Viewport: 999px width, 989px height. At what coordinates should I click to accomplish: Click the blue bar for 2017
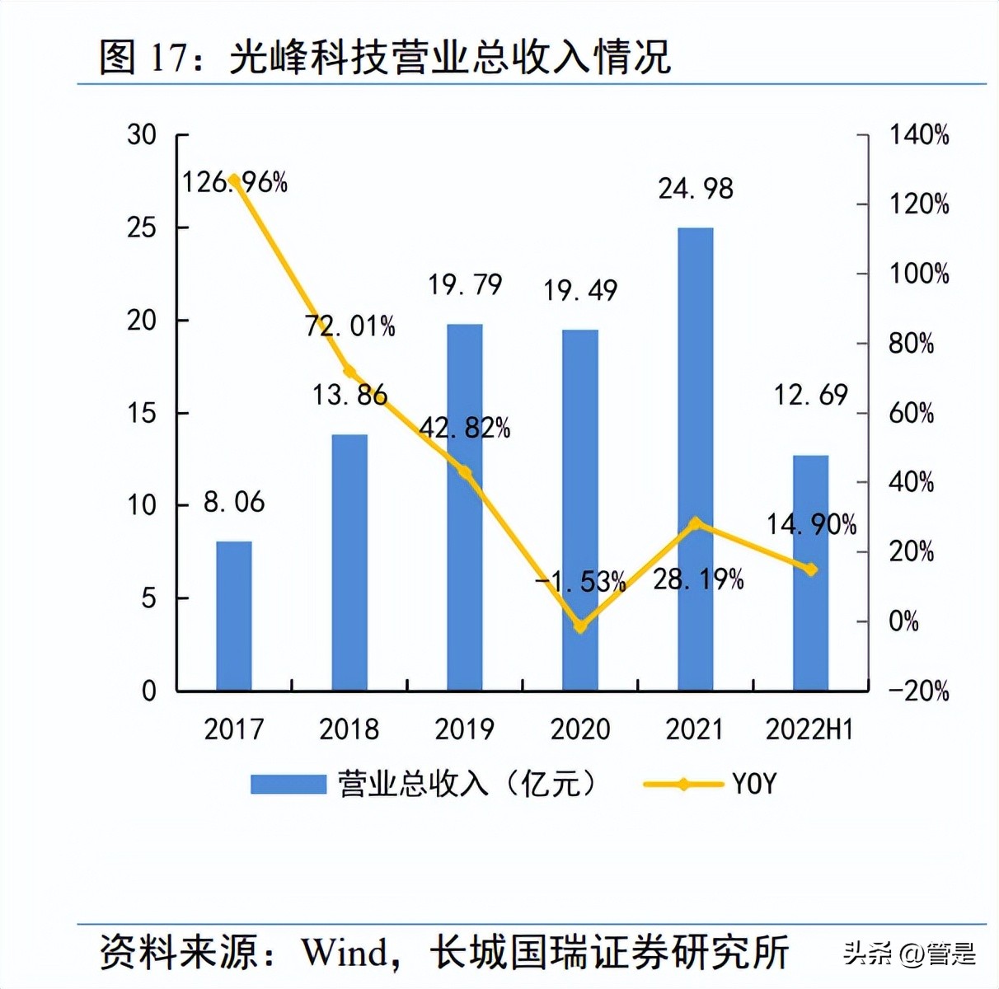234,616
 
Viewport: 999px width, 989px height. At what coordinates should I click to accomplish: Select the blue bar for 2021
695,459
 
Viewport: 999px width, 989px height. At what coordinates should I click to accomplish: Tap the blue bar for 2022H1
810,573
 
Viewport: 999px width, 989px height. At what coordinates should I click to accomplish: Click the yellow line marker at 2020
580,626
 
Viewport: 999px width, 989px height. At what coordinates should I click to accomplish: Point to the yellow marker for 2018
349,372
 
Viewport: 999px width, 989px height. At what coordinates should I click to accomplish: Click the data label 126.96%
235,182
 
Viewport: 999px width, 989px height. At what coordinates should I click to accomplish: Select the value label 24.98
695,189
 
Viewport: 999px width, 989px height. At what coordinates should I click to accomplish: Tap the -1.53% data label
580,582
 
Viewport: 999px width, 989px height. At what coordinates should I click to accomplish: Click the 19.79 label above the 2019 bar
465,285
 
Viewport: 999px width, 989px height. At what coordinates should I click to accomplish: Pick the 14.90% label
811,524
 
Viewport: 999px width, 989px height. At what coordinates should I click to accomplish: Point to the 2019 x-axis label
465,729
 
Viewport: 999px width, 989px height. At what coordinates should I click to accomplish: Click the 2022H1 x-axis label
809,729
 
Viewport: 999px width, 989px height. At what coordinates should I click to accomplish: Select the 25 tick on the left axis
142,227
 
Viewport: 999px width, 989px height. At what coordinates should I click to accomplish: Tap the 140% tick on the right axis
918,134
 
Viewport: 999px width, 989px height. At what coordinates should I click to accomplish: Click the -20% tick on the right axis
918,691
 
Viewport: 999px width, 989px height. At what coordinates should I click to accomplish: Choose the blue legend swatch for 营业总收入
288,784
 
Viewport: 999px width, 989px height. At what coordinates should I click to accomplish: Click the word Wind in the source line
345,953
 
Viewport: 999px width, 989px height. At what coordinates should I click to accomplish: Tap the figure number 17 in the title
171,58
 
